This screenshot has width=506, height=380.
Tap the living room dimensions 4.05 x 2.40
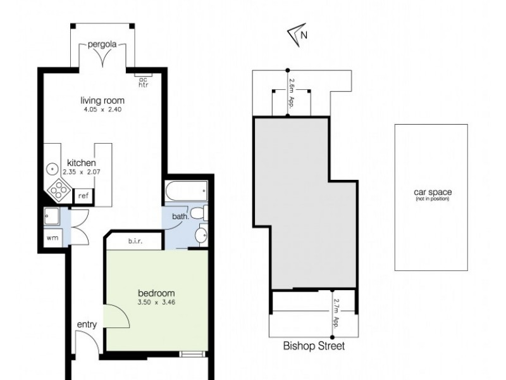pyautogui.click(x=102, y=110)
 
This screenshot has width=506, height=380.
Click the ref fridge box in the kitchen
pyautogui.click(x=83, y=196)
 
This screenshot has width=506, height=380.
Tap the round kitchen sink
pyautogui.click(x=51, y=170)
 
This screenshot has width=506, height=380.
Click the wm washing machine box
pyautogui.click(x=51, y=238)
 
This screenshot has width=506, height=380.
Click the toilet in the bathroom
pyautogui.click(x=198, y=213)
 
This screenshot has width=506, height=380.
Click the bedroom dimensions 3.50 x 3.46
pyautogui.click(x=156, y=303)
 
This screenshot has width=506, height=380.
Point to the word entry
pyautogui.click(x=87, y=325)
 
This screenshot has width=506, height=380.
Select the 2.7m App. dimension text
pyautogui.click(x=336, y=312)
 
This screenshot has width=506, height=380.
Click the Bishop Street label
pyautogui.click(x=314, y=346)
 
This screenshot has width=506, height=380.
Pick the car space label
pyautogui.click(x=432, y=193)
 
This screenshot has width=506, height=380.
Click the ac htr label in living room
pyautogui.click(x=143, y=82)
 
